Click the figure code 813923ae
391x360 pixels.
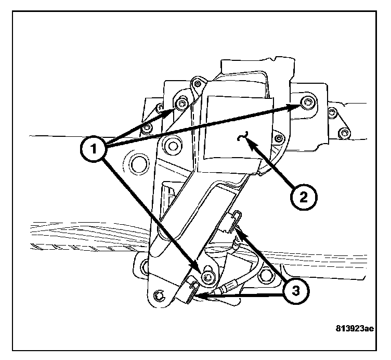tap(355, 329)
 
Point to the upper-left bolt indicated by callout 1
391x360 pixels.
tap(181, 104)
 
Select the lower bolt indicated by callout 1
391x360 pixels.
tap(208, 277)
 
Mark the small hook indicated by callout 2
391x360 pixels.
tap(241, 137)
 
